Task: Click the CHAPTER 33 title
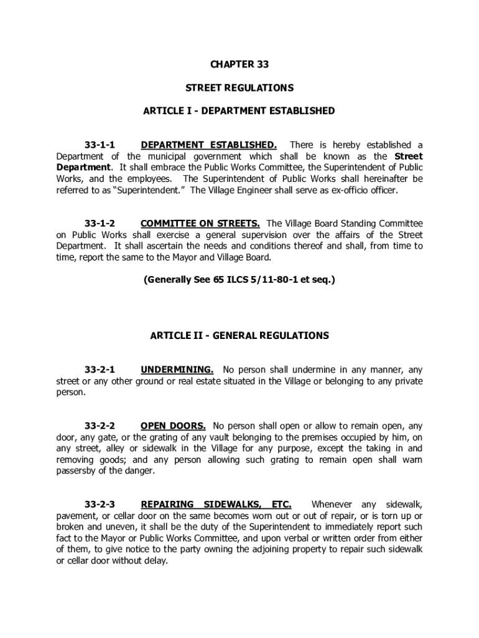click(x=240, y=64)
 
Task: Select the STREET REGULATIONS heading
click(x=240, y=88)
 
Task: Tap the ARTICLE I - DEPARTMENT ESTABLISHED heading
click(x=240, y=111)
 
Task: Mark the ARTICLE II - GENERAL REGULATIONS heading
click(x=240, y=335)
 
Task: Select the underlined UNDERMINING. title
click(x=177, y=369)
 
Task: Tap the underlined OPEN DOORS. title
click(x=173, y=426)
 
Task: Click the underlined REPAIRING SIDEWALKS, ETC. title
click(x=216, y=504)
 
